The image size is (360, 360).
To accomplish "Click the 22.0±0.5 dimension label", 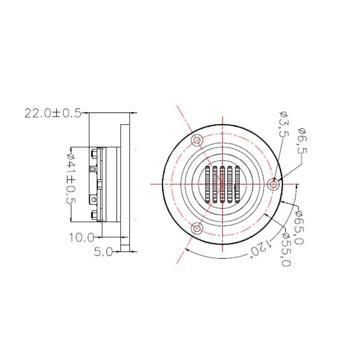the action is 53,113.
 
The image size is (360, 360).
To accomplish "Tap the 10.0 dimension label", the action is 82,238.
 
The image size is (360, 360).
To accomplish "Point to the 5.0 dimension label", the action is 103,252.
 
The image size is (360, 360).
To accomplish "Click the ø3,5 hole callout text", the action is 284,124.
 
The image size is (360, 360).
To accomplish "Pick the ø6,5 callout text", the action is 302,141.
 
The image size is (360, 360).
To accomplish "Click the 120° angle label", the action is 261,247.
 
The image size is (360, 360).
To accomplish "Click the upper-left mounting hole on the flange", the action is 197,140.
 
